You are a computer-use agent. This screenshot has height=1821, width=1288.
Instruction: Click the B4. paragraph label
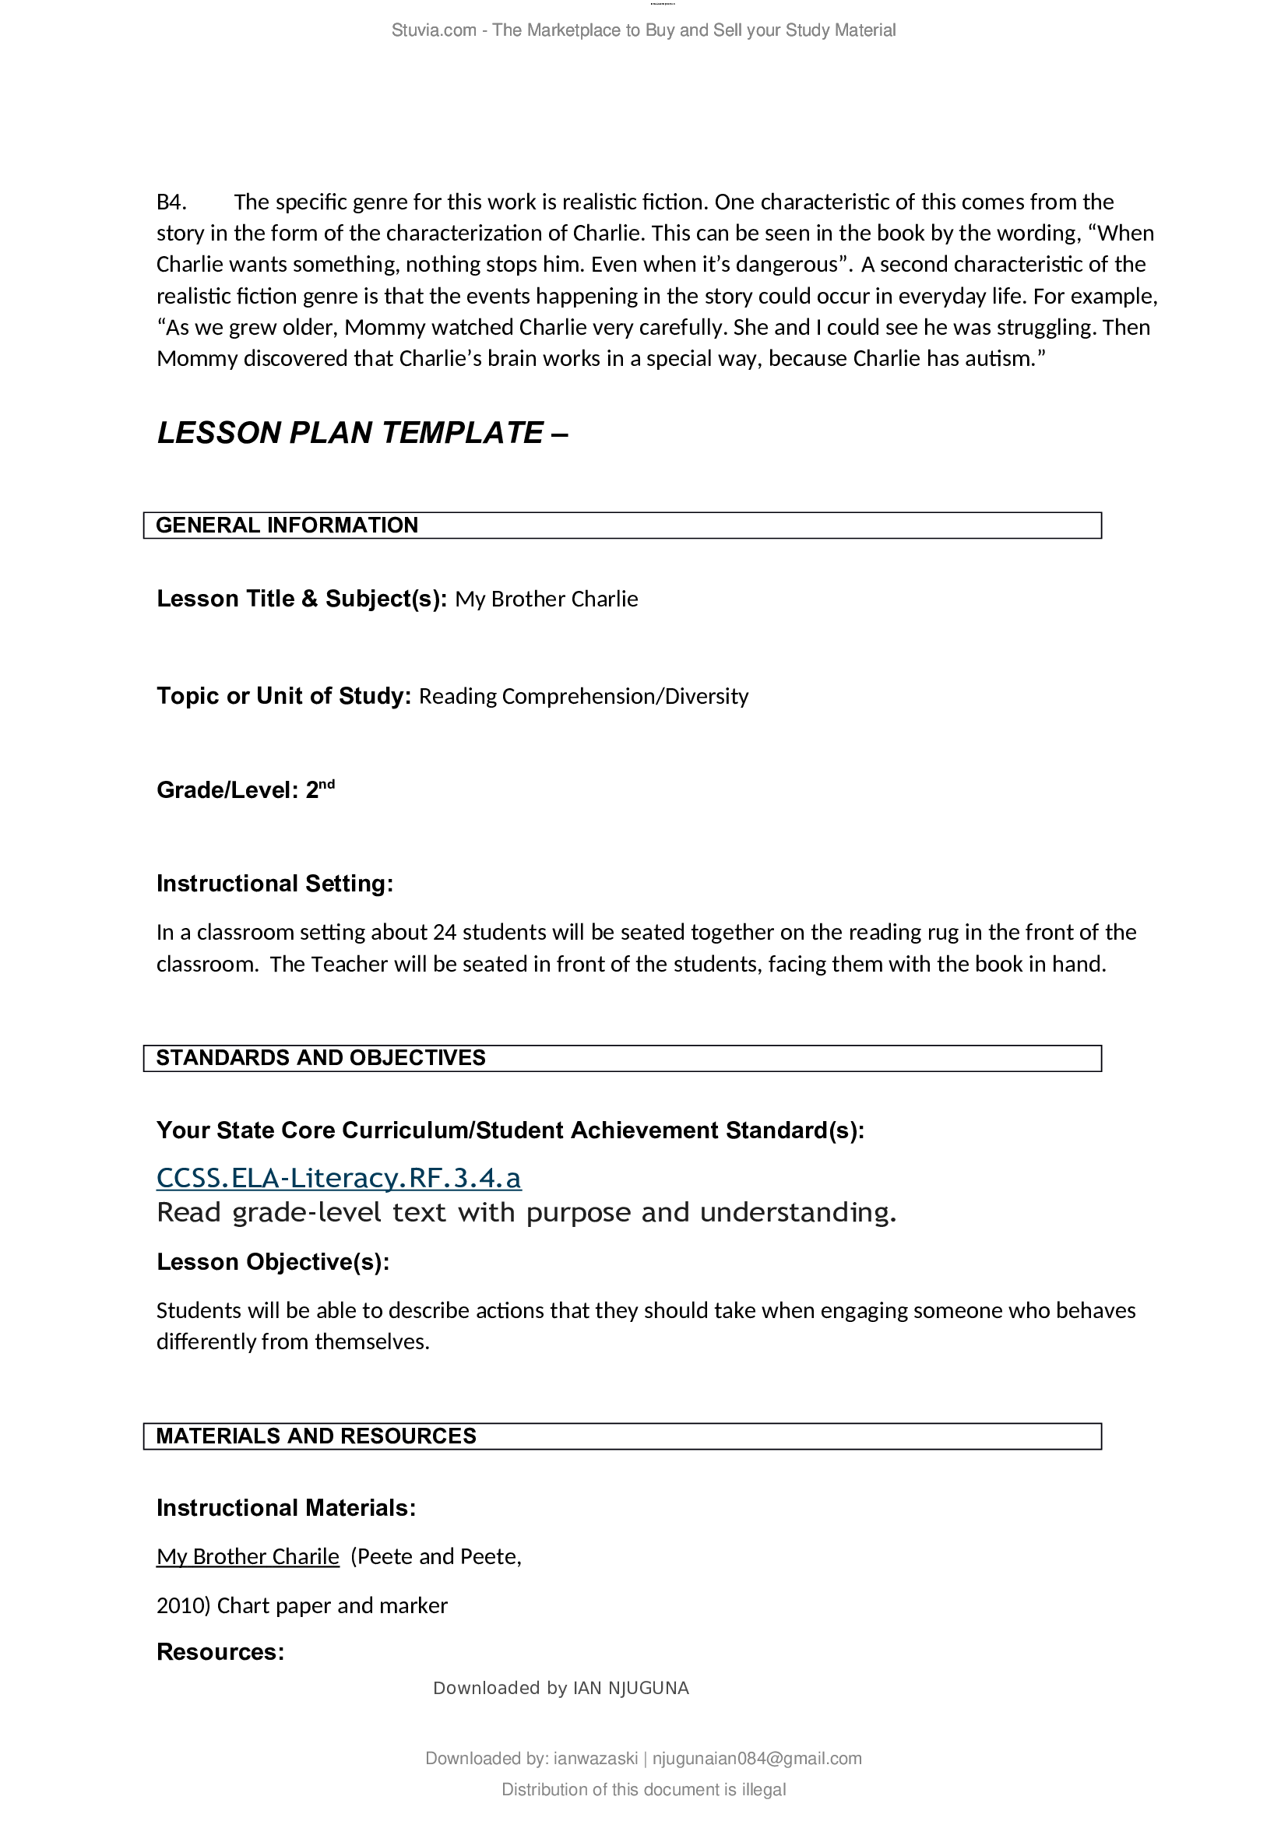171,202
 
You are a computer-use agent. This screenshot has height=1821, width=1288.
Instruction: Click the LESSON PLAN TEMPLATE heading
361,433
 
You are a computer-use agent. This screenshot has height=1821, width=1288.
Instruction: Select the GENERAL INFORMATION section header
287,526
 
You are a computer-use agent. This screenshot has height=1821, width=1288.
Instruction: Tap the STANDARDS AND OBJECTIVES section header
320,1058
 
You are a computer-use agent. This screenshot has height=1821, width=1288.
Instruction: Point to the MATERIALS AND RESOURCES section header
315,1436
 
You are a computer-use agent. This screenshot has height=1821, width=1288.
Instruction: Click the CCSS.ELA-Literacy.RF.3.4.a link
339,1178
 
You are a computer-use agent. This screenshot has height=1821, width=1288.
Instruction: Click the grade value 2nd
319,789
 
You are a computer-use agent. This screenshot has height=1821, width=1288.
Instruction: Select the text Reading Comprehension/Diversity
583,696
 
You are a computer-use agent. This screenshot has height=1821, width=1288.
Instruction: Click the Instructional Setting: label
274,884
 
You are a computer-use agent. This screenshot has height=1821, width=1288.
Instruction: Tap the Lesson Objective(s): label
273,1262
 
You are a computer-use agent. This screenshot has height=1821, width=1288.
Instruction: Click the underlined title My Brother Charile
248,1557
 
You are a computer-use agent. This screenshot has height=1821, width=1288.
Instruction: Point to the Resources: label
220,1652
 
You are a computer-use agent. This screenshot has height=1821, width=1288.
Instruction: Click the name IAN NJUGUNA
631,1688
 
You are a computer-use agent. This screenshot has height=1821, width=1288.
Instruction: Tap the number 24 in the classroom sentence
445,932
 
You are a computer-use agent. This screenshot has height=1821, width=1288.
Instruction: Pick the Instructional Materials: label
286,1508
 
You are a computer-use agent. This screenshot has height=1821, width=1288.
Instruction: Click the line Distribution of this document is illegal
643,1789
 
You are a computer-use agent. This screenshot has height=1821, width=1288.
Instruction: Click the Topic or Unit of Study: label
283,695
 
